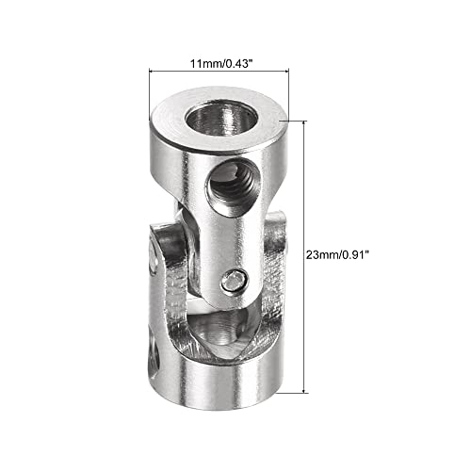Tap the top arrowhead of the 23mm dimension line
tap(304, 123)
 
